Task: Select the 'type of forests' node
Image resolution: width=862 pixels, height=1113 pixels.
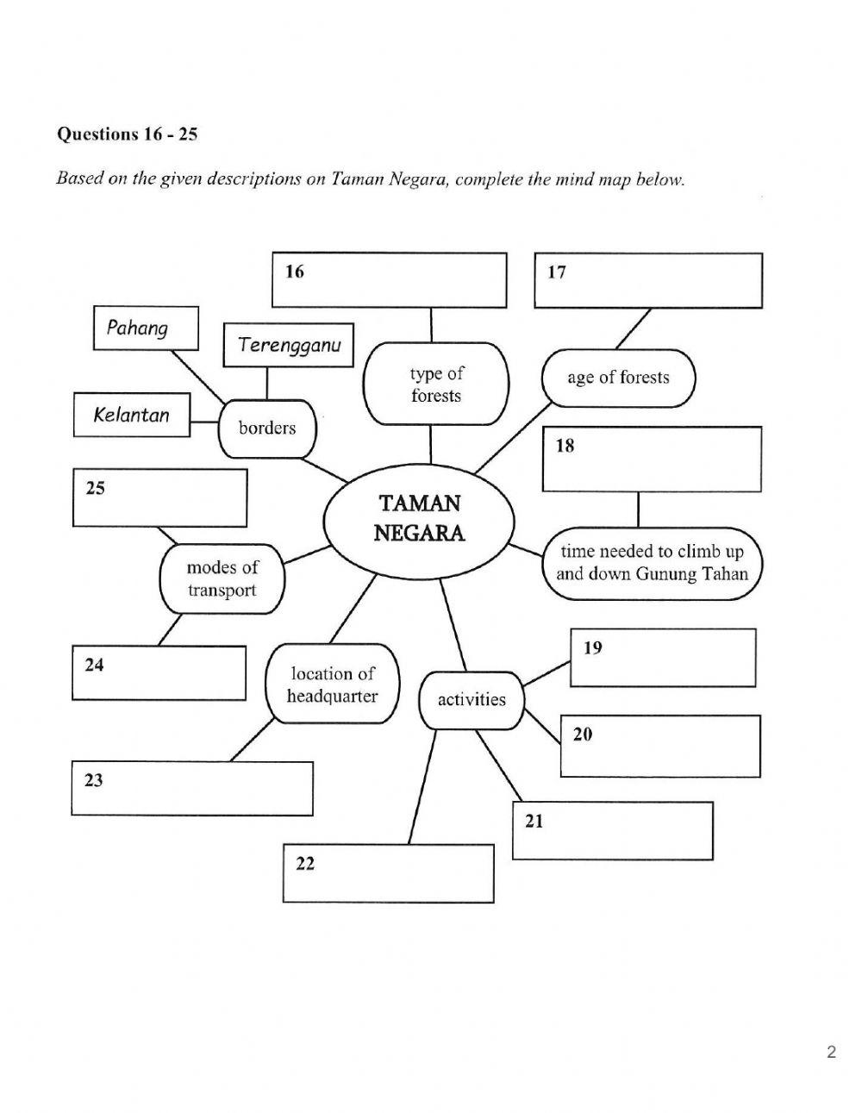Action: [x=435, y=385]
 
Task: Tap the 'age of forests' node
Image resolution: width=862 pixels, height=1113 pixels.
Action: [x=617, y=378]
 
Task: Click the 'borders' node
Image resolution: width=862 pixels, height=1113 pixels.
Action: [x=267, y=428]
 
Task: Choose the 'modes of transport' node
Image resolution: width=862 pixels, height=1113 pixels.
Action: [x=222, y=578]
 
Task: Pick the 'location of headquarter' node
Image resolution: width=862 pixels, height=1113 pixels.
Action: [x=332, y=685]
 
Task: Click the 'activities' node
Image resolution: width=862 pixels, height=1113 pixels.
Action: [x=472, y=699]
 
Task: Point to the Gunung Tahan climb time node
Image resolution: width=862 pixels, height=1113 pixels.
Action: [x=652, y=563]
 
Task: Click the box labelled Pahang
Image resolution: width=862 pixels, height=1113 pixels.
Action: [x=145, y=328]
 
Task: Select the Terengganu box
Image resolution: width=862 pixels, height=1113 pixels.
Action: [x=289, y=345]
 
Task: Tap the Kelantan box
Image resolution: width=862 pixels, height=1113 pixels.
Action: [x=132, y=415]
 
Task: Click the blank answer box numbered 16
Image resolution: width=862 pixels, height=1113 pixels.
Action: [x=389, y=280]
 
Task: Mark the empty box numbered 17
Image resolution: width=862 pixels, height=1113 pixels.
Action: [x=648, y=280]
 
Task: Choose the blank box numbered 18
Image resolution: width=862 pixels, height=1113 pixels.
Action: [x=652, y=460]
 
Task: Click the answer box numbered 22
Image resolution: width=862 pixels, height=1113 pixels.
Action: [x=388, y=873]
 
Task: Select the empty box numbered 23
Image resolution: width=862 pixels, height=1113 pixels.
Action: [x=191, y=788]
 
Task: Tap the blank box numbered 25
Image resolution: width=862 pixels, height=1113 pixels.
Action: [x=159, y=497]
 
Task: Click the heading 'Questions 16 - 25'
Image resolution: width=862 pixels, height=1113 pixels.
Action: [x=127, y=134]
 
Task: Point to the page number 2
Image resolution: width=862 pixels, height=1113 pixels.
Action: [x=831, y=1052]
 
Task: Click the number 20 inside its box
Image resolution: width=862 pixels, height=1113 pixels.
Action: [x=583, y=735]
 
